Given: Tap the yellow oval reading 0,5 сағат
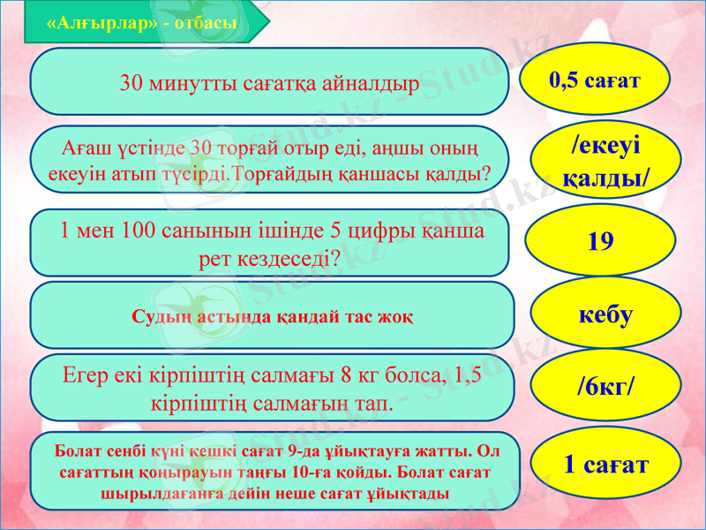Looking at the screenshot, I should click(x=595, y=80).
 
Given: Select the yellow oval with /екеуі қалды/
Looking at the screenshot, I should click(x=605, y=160).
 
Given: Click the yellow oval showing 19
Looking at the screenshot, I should click(x=600, y=241).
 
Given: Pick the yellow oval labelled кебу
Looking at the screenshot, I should click(x=605, y=314).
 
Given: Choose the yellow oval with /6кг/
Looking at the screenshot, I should click(x=605, y=386).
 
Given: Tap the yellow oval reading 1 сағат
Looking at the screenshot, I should click(x=605, y=463).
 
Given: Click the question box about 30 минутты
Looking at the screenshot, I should click(x=270, y=82).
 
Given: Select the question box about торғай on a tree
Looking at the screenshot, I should click(x=270, y=159).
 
